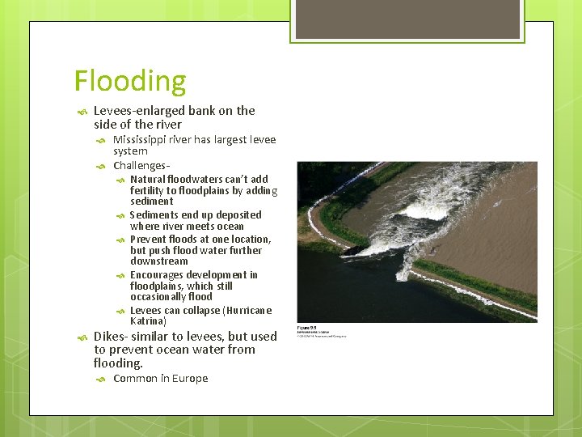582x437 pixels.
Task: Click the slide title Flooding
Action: point(129,82)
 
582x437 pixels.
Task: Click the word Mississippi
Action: point(140,140)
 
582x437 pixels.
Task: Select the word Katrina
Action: point(147,321)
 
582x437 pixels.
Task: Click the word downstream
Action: point(158,261)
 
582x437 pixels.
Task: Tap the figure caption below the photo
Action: point(322,331)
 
